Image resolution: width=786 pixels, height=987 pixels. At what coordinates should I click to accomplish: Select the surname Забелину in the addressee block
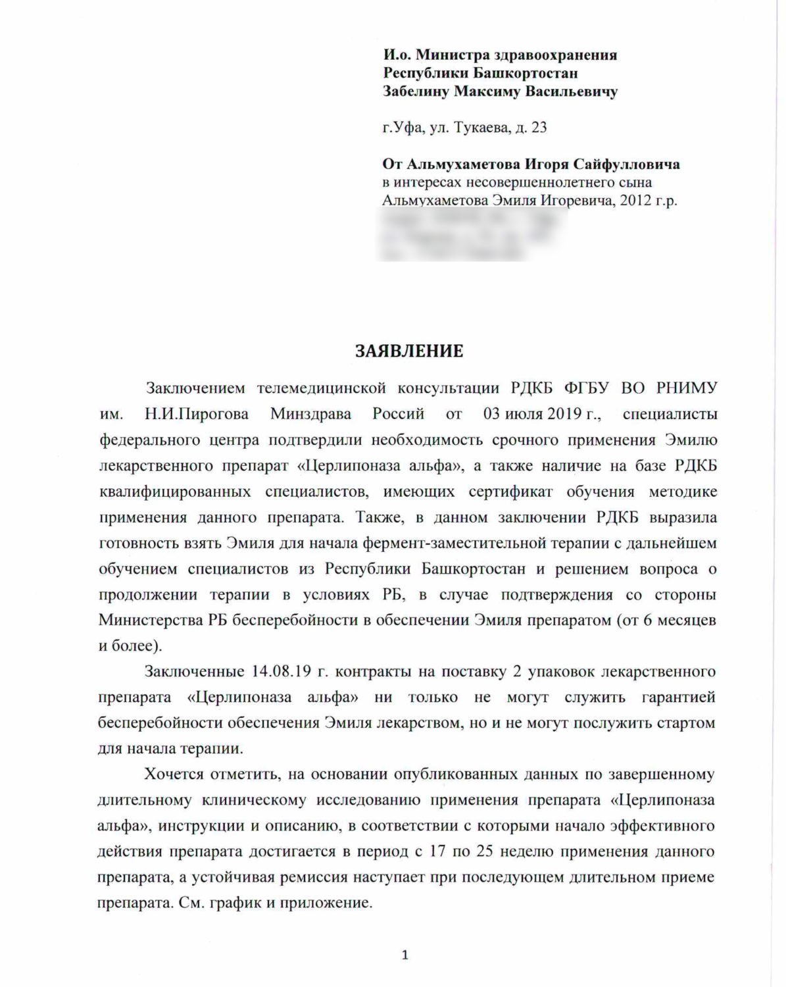[x=416, y=91]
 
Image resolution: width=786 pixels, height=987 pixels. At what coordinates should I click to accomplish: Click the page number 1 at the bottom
[x=405, y=955]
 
